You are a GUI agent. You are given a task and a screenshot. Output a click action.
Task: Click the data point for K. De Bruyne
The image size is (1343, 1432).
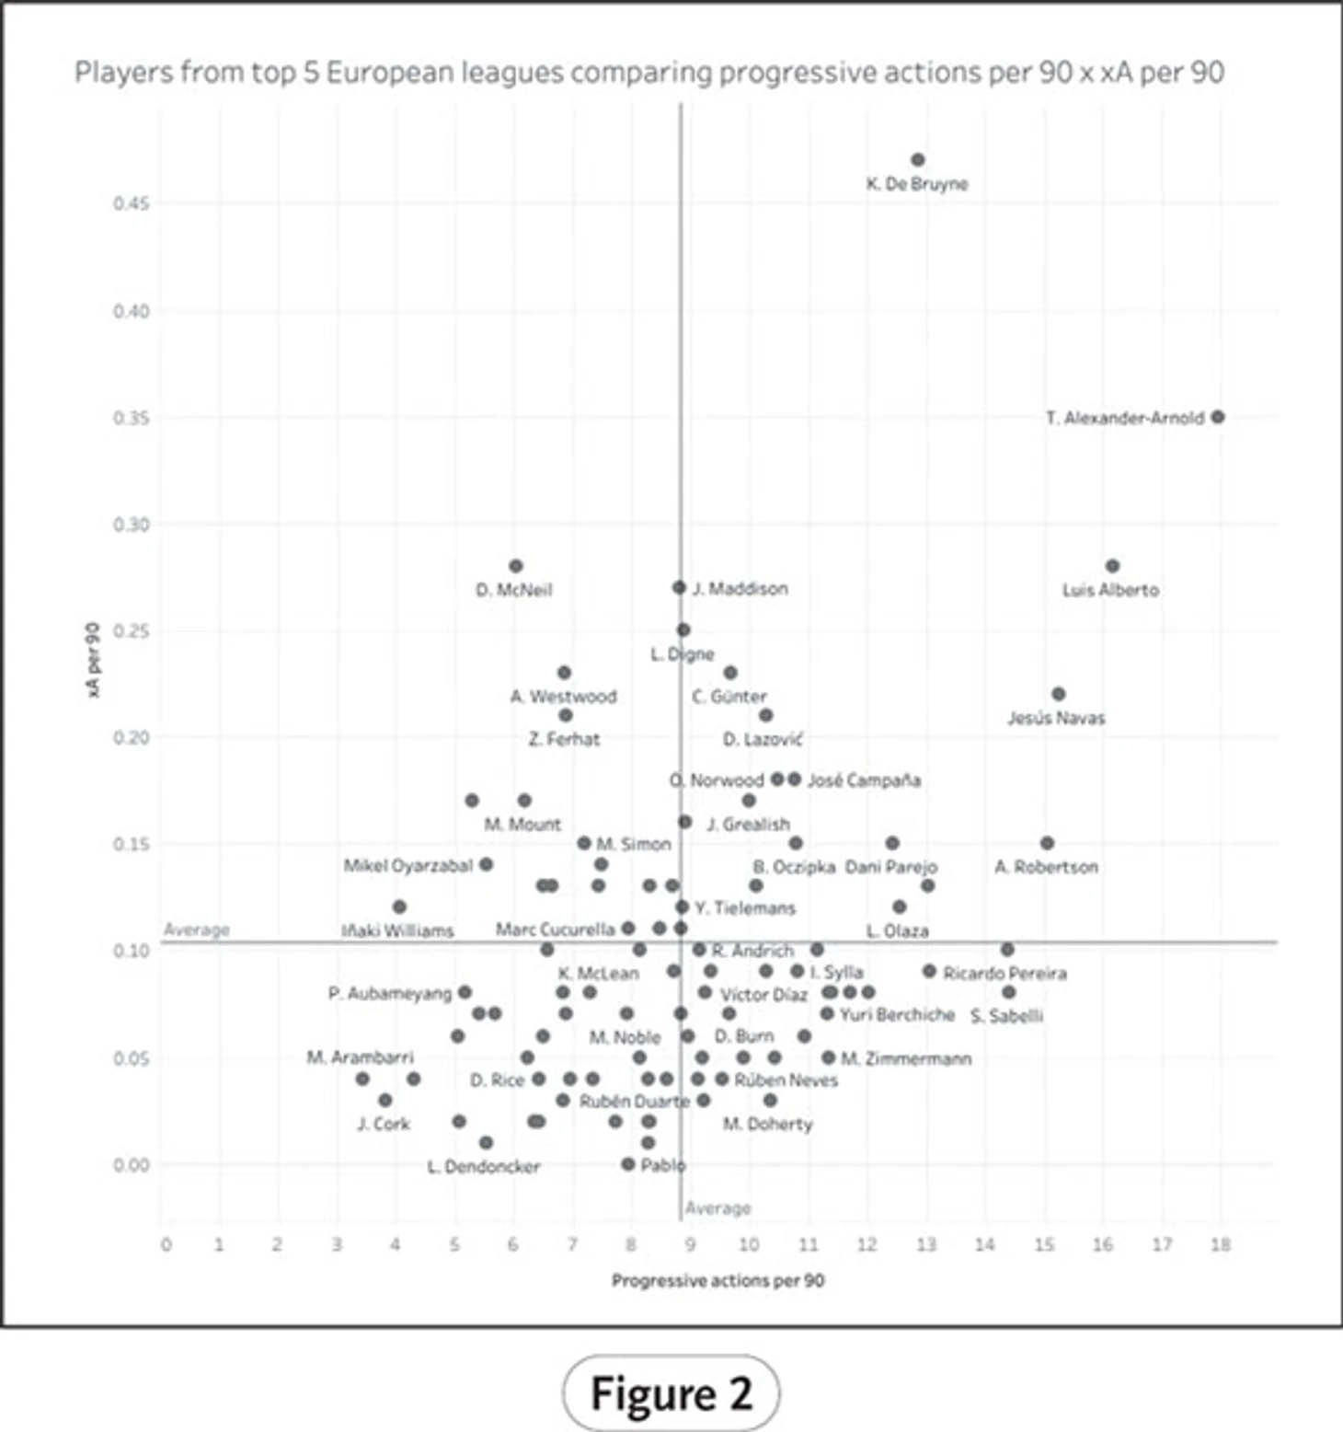coord(917,160)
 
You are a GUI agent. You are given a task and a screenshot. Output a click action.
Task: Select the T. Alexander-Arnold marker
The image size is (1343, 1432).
coord(1218,417)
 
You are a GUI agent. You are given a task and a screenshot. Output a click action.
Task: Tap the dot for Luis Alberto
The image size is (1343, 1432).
coord(1112,566)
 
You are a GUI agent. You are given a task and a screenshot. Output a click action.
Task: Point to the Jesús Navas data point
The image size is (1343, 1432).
coord(1059,694)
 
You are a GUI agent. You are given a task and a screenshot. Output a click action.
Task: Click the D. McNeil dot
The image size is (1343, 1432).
coord(516,566)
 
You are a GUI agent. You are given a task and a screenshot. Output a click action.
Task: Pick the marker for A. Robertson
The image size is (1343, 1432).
coord(1047,843)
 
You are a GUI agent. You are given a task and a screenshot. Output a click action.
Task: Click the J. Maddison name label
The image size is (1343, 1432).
coord(740,589)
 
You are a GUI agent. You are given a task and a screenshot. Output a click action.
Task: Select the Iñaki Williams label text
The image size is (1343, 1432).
coord(397,931)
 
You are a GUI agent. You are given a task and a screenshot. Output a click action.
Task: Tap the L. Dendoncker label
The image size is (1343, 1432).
coord(484,1167)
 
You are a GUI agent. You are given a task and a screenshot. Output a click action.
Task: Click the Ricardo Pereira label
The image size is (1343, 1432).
coord(1004,974)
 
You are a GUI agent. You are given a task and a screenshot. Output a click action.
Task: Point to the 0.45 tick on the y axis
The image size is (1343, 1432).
coord(131,203)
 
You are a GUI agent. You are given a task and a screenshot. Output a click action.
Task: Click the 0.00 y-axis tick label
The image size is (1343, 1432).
coord(131,1165)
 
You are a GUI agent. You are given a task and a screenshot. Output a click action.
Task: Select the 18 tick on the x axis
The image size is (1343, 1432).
coord(1220,1245)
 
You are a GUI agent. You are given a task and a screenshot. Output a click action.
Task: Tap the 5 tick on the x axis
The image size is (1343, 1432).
coord(454,1245)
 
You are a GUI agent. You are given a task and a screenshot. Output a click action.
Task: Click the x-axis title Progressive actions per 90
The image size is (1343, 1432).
coord(717,1281)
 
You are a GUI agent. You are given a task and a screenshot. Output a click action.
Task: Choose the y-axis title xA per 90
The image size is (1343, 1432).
coord(93,660)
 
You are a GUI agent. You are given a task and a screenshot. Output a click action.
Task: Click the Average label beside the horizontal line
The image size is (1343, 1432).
coord(197,930)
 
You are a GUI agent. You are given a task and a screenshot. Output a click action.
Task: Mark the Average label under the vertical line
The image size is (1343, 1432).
coord(717,1208)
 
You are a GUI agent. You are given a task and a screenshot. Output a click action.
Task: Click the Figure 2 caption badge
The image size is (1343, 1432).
coord(671,1393)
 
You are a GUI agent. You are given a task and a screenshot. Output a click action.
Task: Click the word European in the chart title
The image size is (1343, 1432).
coord(389,73)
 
